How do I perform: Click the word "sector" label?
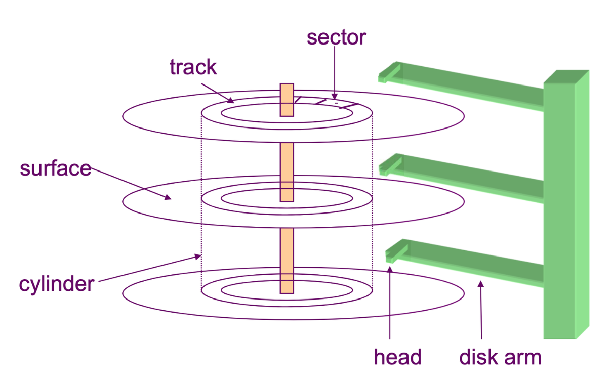click(336, 37)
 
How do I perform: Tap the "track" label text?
click(193, 67)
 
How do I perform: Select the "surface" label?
click(56, 168)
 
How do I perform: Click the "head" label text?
click(397, 357)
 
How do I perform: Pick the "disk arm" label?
click(500, 357)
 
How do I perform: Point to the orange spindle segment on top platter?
click(287, 100)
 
